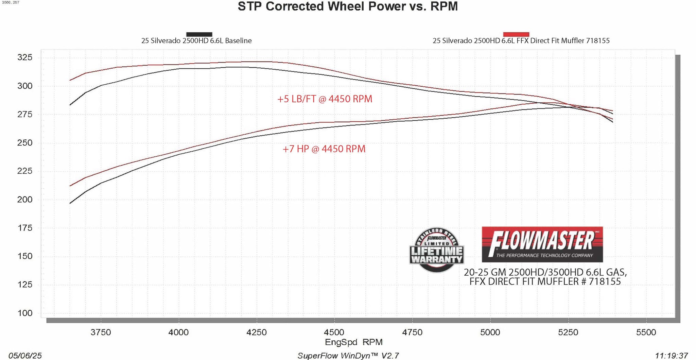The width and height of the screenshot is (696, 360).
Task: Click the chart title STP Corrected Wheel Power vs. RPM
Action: [x=348, y=6]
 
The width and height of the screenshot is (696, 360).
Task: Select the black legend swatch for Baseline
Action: [x=199, y=34]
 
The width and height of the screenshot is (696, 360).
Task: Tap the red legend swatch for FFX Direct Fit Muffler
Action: [x=516, y=34]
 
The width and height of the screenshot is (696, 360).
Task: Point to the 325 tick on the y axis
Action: [x=25, y=57]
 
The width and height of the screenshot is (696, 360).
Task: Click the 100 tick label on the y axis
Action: [x=25, y=313]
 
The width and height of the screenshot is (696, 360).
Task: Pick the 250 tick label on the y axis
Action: [x=25, y=142]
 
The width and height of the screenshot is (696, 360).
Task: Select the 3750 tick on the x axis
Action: [x=101, y=332]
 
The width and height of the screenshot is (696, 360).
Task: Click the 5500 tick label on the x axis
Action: [x=646, y=332]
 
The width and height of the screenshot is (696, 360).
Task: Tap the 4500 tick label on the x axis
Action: [x=334, y=332]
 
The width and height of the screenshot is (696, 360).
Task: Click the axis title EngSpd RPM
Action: [x=353, y=342]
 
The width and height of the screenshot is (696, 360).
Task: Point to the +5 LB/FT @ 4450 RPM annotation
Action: [x=325, y=99]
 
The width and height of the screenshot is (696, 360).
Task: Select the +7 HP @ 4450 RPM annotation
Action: [x=324, y=149]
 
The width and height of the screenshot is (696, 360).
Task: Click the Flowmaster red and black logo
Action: [x=542, y=244]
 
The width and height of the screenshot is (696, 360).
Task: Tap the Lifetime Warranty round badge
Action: [x=437, y=250]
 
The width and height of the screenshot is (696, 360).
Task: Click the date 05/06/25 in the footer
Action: [x=25, y=356]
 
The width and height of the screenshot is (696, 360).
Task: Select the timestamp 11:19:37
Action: [x=671, y=356]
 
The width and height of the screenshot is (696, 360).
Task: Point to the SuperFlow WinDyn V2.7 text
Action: [x=348, y=356]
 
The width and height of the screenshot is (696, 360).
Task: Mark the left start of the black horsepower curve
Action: [x=70, y=203]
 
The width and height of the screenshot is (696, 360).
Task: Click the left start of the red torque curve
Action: [x=70, y=80]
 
